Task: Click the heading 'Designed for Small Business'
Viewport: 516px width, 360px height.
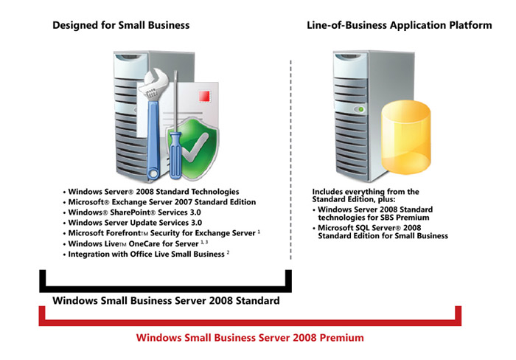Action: click(121, 25)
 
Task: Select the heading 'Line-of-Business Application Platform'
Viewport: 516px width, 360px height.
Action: click(400, 25)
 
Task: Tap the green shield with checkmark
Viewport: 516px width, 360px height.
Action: click(193, 149)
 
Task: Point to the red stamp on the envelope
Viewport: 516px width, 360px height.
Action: click(204, 96)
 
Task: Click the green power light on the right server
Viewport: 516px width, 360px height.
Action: click(360, 109)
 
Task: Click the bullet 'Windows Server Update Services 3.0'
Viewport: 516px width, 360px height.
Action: click(133, 223)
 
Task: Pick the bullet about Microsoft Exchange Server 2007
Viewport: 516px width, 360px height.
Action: click(160, 202)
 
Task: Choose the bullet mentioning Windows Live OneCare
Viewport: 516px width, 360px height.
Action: click(136, 243)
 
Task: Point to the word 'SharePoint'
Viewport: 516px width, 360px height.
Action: click(130, 212)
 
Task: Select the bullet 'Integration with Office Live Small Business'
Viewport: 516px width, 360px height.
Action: click(147, 255)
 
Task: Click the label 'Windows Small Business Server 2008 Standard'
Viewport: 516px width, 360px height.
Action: click(166, 301)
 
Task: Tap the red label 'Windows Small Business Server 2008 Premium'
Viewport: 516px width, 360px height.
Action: click(250, 338)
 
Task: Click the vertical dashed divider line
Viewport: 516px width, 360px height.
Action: click(290, 160)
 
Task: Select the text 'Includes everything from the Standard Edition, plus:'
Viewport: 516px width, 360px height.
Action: click(366, 195)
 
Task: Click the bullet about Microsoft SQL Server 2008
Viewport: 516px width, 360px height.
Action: click(380, 232)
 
